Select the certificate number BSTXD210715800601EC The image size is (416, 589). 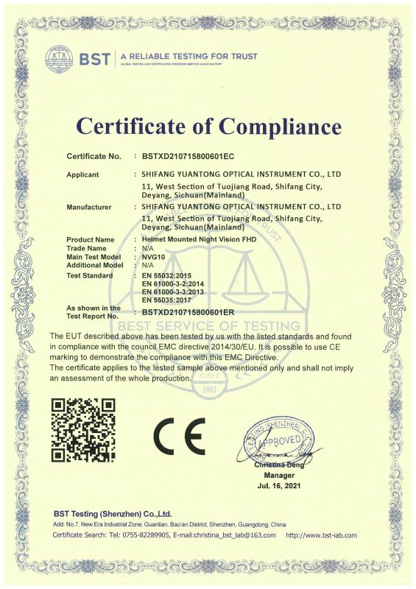pos(188,157)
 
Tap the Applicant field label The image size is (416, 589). pos(83,175)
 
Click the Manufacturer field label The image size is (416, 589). pos(88,208)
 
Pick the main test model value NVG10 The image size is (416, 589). pos(152,256)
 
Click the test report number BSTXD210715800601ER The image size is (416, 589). pos(188,311)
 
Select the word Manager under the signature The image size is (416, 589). pos(278,476)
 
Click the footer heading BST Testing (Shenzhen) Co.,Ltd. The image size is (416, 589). pos(113,513)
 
